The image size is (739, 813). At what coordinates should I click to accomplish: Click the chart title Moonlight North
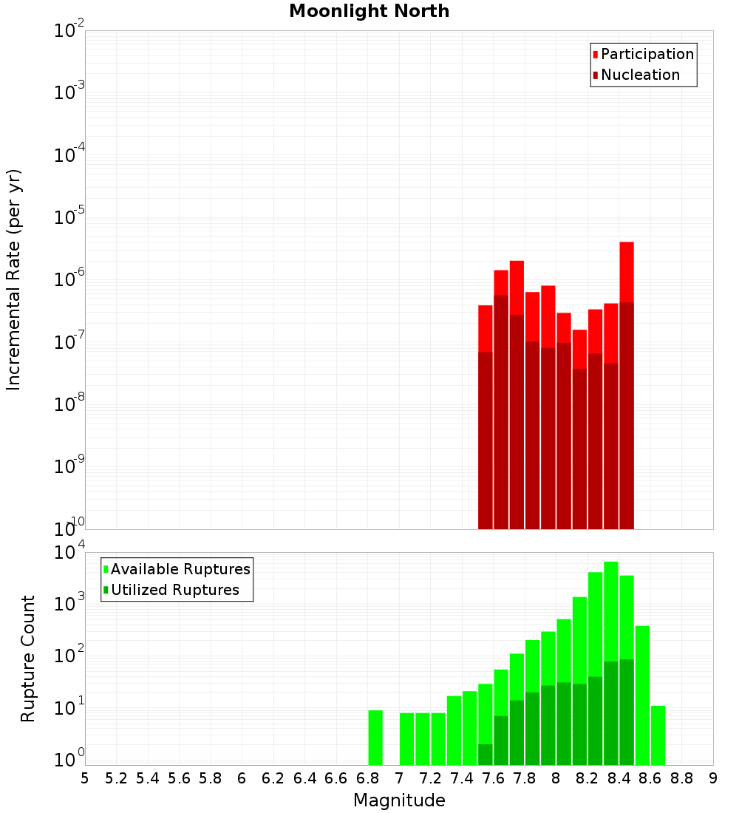coord(369,11)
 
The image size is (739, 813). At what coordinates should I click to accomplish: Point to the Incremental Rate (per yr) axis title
coord(14,279)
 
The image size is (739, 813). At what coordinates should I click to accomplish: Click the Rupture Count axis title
coord(28,659)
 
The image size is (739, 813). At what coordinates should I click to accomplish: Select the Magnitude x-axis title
coord(399,800)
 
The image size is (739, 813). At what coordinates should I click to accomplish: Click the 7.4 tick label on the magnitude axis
coord(462,778)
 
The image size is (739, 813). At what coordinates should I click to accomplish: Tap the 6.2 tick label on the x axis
coord(273,778)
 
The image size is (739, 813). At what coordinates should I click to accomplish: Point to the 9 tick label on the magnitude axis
coord(713,778)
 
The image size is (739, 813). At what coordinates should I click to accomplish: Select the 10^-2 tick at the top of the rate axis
coord(69,31)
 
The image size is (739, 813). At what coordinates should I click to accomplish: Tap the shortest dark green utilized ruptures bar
coord(486,755)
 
